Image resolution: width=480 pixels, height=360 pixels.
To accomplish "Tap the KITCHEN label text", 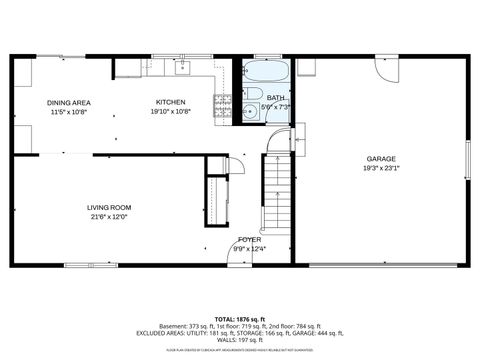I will (x=169, y=102).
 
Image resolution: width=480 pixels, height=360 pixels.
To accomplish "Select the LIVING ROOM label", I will (x=109, y=207).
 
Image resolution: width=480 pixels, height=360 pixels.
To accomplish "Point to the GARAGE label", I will (x=380, y=159).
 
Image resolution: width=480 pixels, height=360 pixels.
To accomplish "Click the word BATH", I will (x=274, y=98).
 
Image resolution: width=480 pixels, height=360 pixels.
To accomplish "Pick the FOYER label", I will (x=249, y=240).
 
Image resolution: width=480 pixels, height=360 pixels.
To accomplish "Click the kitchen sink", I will (x=184, y=67).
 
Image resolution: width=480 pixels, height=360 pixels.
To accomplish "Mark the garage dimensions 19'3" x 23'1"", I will (x=380, y=169).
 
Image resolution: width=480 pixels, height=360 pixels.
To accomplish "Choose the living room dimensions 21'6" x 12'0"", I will (x=109, y=216).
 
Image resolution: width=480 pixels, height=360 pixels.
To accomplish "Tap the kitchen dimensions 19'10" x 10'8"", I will (x=169, y=111).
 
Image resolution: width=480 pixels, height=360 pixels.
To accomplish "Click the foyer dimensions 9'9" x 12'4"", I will (x=249, y=249).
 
